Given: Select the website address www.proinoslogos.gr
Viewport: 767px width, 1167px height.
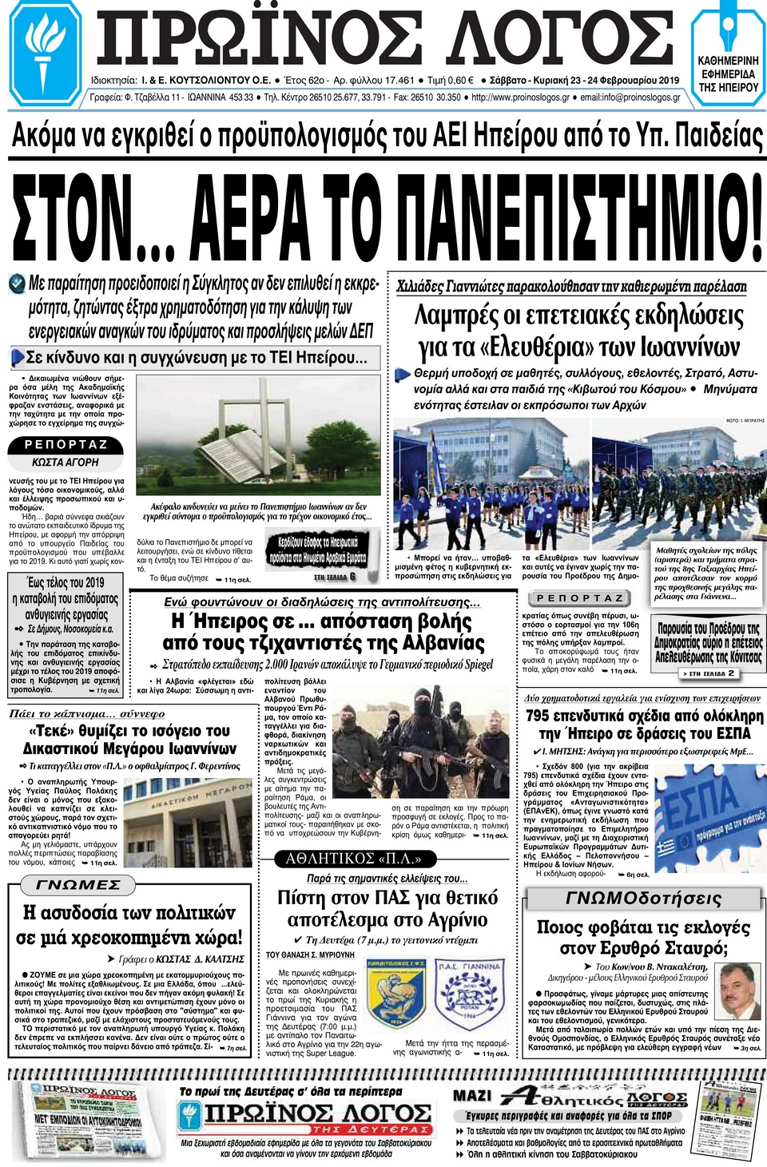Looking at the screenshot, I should [x=520, y=97].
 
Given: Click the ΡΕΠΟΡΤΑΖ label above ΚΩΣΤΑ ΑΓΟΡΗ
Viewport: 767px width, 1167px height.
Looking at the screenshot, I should [x=66, y=445].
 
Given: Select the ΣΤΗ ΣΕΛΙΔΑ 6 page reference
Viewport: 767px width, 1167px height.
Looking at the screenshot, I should [x=335, y=577].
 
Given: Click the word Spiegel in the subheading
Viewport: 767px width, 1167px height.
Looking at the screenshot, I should [x=479, y=665].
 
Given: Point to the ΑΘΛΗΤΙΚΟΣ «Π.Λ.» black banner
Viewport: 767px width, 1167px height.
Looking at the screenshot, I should [x=353, y=859].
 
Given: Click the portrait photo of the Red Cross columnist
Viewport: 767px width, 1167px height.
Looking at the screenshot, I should [x=738, y=990].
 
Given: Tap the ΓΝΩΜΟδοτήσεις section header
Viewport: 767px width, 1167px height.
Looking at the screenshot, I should [x=643, y=899].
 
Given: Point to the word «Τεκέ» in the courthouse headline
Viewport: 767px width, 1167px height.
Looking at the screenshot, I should [x=52, y=731].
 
